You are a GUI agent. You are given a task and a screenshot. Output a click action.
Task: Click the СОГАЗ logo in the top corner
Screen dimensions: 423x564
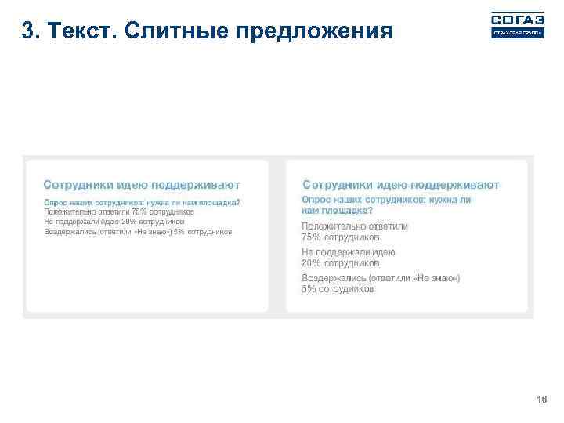pyautogui.click(x=517, y=24)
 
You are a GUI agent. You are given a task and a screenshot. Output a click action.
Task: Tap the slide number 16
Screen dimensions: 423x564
pyautogui.click(x=540, y=400)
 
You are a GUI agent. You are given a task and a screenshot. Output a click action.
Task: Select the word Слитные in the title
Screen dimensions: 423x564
pyautogui.click(x=172, y=31)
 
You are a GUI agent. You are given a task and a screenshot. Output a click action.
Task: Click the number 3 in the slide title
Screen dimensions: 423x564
pyautogui.click(x=28, y=31)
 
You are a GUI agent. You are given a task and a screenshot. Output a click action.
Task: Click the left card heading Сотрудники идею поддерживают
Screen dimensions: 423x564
pyautogui.click(x=142, y=186)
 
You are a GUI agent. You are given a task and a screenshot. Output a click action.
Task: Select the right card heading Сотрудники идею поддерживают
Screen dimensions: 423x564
pyautogui.click(x=400, y=186)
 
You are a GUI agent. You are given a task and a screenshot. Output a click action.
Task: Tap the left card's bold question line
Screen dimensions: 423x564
pyautogui.click(x=142, y=202)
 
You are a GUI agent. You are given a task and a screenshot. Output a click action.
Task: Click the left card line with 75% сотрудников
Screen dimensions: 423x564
pyautogui.click(x=119, y=211)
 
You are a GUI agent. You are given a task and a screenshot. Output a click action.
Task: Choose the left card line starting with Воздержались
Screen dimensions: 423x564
pyautogui.click(x=138, y=232)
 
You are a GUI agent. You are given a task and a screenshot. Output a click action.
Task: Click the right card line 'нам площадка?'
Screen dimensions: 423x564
pyautogui.click(x=338, y=211)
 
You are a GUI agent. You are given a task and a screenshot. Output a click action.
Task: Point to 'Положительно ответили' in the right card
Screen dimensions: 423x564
pyautogui.click(x=355, y=226)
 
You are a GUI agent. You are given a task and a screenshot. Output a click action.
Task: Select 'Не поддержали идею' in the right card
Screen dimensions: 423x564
pyautogui.click(x=349, y=252)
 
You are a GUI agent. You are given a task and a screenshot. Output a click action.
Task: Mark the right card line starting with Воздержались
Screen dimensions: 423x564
pyautogui.click(x=381, y=278)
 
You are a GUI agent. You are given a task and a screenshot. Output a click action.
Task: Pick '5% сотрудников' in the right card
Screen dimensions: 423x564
pyautogui.click(x=338, y=288)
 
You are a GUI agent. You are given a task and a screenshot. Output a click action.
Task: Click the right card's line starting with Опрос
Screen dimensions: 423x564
pyautogui.click(x=386, y=201)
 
